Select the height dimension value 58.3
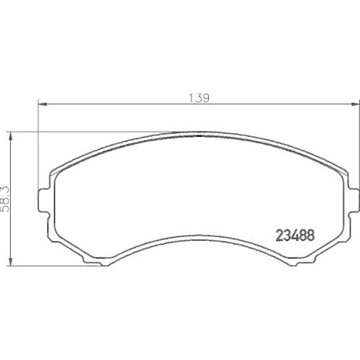(6, 197)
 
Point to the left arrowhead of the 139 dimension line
(40, 105)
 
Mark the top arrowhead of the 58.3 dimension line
(12, 135)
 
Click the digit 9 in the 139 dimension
(206, 98)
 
